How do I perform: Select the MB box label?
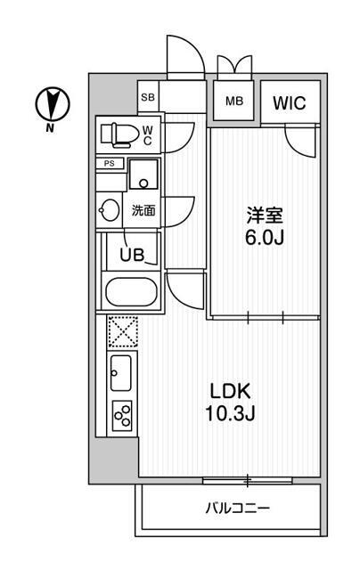click(x=233, y=101)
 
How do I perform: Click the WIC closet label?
click(x=290, y=102)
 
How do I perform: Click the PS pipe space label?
click(x=110, y=163)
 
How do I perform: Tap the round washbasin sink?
click(x=110, y=210)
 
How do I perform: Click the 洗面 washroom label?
click(x=143, y=211)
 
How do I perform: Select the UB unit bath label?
click(x=133, y=254)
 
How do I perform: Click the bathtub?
click(x=132, y=292)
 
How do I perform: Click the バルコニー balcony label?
click(x=237, y=509)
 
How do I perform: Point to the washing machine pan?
click(x=143, y=174)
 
